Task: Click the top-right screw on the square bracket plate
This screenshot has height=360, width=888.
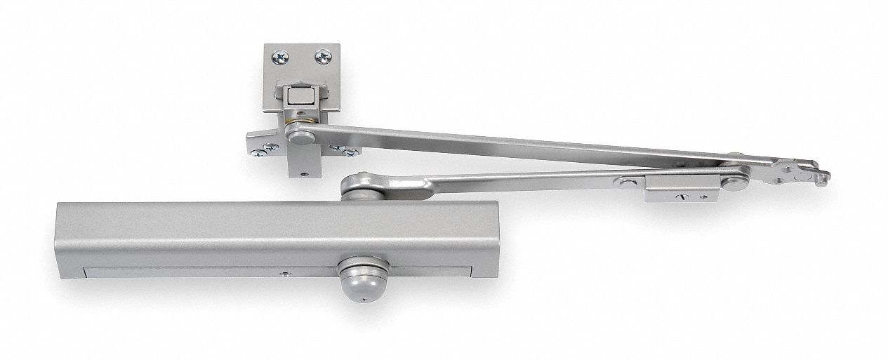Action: [x=324, y=58]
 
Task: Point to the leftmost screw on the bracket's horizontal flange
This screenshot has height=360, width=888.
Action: [x=260, y=148]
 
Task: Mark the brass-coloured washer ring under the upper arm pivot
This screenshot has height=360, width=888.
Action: [x=289, y=131]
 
